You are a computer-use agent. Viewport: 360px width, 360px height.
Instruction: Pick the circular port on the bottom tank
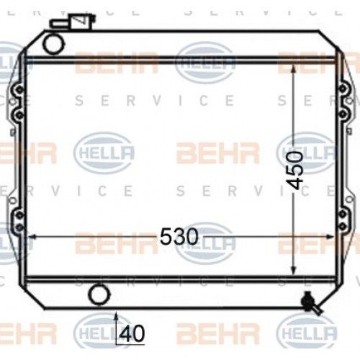(98, 295)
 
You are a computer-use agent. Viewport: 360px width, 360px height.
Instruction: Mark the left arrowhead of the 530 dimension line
(30, 236)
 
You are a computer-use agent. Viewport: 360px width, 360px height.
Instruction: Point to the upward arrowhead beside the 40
(116, 316)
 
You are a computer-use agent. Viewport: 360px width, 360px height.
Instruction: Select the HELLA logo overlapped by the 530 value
(205, 240)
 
